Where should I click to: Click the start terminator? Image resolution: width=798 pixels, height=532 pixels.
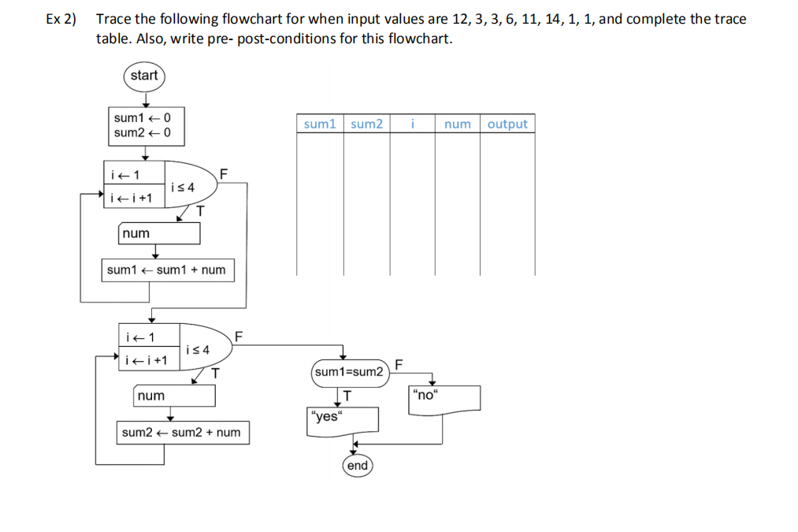144,76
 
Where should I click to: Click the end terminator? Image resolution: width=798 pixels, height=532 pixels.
357,466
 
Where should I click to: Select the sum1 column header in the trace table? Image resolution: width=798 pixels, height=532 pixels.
320,124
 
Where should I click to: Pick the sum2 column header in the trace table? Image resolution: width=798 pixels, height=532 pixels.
366,124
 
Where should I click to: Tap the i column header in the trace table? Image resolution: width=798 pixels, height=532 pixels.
412,124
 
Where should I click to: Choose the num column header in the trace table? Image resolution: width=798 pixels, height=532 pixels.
457,124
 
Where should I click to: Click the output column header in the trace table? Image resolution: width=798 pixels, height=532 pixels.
507,124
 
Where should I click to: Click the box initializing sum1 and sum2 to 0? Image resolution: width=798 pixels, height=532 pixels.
145,125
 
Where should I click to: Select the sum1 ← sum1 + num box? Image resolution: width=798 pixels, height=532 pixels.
166,270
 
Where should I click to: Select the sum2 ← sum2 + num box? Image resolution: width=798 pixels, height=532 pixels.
182,433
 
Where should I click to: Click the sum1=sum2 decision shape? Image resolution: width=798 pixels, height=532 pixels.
349,371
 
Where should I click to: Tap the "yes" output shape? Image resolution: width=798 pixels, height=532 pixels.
342,419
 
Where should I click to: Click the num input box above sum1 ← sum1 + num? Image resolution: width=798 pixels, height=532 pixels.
158,234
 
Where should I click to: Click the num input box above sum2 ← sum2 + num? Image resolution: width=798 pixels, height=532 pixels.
174,396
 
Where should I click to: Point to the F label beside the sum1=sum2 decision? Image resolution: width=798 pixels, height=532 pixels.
399,364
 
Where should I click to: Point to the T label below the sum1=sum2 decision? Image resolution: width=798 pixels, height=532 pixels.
347,394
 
